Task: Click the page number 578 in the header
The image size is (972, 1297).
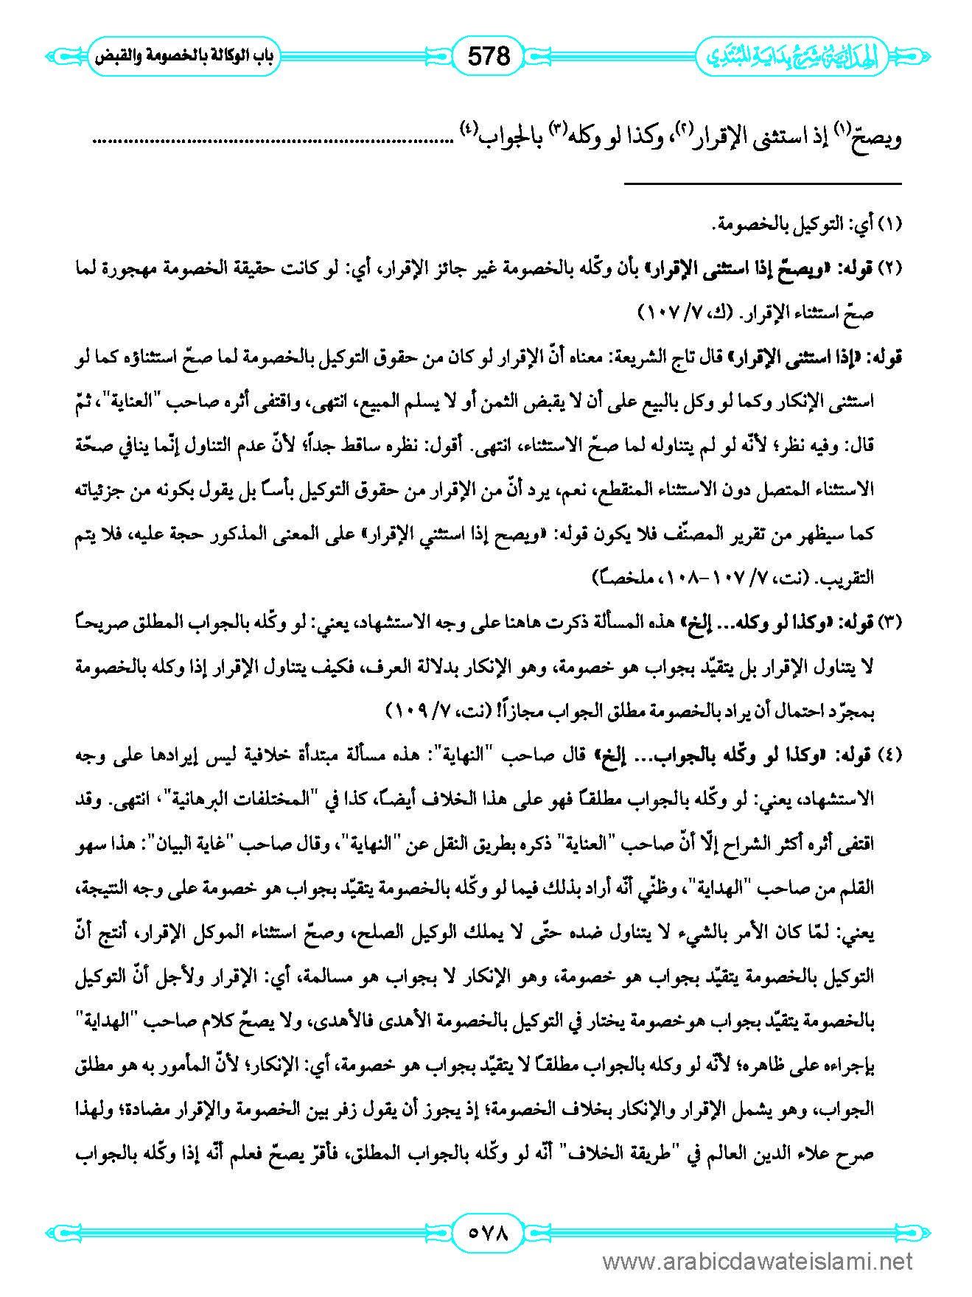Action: click(x=489, y=56)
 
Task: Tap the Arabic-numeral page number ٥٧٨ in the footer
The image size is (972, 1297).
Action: click(x=489, y=1232)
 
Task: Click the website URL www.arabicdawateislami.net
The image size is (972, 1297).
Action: click(x=758, y=1262)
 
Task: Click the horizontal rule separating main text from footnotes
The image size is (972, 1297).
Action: click(x=763, y=183)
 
